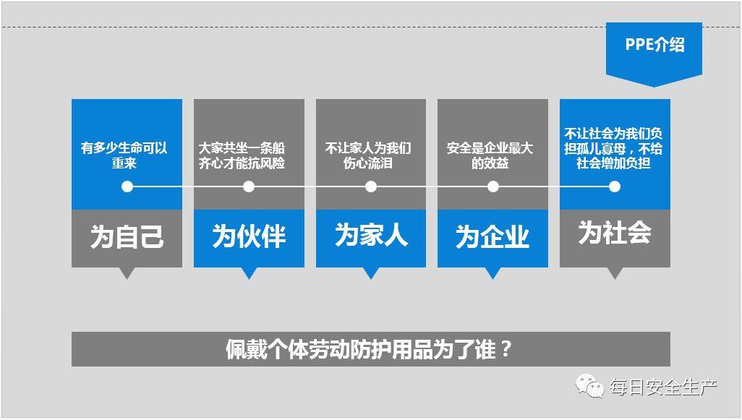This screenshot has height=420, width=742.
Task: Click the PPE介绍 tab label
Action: click(654, 45)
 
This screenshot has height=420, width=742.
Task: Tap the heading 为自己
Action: click(127, 236)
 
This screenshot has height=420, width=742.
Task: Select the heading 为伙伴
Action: click(249, 236)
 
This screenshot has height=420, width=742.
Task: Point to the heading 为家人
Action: click(371, 235)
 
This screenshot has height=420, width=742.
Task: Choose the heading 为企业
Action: click(492, 236)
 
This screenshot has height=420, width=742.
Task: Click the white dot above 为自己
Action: click(127, 187)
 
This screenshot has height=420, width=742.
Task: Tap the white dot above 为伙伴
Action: click(249, 187)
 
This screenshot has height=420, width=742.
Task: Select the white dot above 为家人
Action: click(371, 187)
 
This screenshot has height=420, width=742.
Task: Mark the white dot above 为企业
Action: click(493, 187)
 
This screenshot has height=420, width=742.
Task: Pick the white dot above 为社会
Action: click(615, 187)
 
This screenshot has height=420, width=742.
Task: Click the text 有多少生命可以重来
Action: click(124, 155)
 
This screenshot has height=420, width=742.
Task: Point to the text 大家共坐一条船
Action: click(242, 148)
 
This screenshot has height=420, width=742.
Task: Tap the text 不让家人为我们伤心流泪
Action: click(368, 155)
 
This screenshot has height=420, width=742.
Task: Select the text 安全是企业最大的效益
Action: click(490, 155)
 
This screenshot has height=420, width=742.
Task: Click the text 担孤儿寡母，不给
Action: click(613, 148)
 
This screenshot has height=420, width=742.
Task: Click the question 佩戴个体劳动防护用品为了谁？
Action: click(369, 350)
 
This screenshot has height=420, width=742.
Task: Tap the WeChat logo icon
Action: click(589, 386)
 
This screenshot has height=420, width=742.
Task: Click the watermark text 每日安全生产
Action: click(663, 387)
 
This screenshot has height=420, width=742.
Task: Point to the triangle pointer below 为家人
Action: click(371, 273)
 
